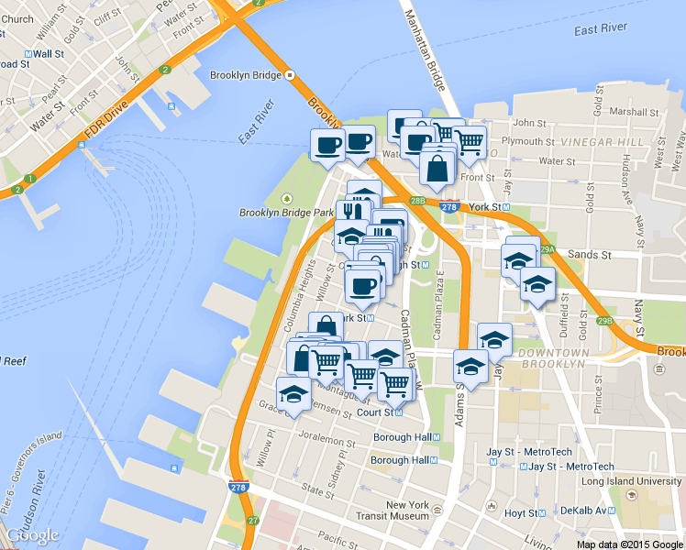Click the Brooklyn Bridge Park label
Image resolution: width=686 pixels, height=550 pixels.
(x=285, y=213)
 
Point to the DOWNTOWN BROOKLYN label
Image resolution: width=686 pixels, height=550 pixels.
(x=550, y=358)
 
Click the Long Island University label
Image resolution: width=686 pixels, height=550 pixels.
(x=632, y=481)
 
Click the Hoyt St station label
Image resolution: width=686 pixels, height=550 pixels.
(x=519, y=513)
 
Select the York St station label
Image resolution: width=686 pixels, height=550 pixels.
(x=486, y=207)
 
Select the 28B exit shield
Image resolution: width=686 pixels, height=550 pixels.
(x=418, y=200)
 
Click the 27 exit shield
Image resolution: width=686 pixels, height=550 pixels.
(x=254, y=521)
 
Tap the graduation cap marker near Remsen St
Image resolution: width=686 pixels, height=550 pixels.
(x=293, y=395)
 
